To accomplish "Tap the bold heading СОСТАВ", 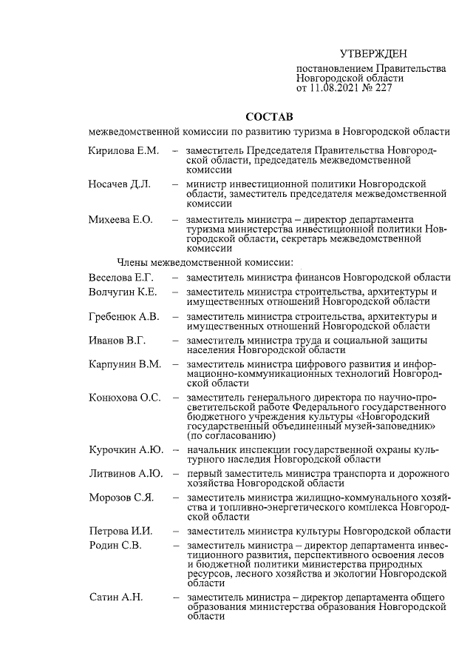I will (x=269, y=117).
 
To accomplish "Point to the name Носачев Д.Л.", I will (x=120, y=184).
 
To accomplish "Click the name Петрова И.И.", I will (x=120, y=531).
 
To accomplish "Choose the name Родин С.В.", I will (x=115, y=546).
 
